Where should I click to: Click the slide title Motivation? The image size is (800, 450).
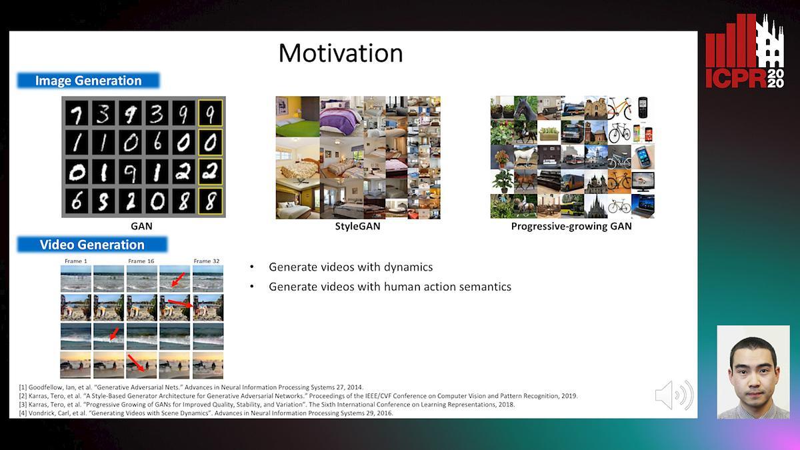[x=341, y=53]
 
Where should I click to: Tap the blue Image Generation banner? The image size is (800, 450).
[x=88, y=81]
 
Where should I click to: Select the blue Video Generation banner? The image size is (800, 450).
[x=92, y=245]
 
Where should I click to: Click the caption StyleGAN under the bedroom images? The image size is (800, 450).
[x=357, y=226]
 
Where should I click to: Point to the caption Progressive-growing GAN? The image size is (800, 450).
[x=571, y=226]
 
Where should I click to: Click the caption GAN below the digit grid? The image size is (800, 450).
[x=141, y=226]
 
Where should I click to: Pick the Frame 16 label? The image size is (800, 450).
[x=141, y=261]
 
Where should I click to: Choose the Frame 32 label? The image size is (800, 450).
[x=207, y=261]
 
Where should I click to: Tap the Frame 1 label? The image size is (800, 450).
[x=76, y=261]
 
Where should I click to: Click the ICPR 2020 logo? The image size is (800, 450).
[x=745, y=51]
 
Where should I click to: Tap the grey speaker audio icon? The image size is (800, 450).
[x=674, y=395]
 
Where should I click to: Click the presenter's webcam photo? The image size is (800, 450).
[x=753, y=372]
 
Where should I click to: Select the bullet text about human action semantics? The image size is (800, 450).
[x=390, y=287]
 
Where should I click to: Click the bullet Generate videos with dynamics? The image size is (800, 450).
[x=351, y=267]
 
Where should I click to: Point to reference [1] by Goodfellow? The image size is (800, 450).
[x=191, y=387]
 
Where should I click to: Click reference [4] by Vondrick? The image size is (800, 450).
[x=206, y=413]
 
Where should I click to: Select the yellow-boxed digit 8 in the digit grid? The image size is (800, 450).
[x=211, y=201]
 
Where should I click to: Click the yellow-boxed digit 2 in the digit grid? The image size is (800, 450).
[x=211, y=172]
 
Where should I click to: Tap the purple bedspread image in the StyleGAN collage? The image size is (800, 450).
[x=341, y=117]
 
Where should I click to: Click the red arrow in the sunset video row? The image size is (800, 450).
[x=136, y=363]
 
